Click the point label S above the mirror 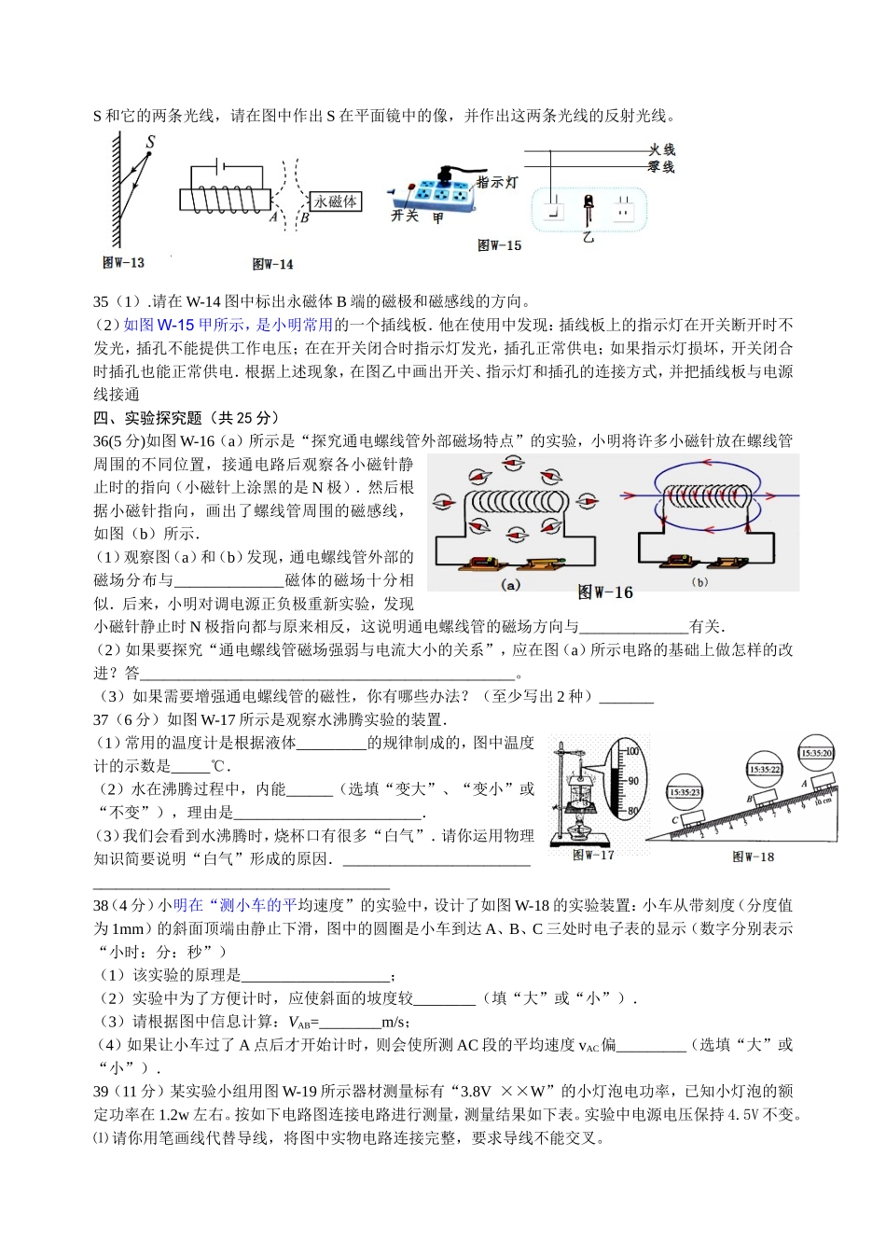coord(150,142)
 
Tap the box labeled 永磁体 coord(335,202)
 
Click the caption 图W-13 coord(123,263)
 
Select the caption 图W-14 coord(272,265)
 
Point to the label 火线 coord(661,149)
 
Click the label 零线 coord(661,166)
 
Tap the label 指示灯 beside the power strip coord(496,182)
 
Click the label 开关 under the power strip coord(404,216)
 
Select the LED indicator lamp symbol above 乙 coord(588,207)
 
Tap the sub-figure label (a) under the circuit coord(510,585)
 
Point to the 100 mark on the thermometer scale coord(631,751)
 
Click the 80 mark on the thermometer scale coord(631,811)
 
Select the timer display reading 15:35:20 coord(816,753)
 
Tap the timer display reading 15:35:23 coord(685,792)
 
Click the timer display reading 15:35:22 coord(764,770)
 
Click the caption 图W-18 coord(753,857)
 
